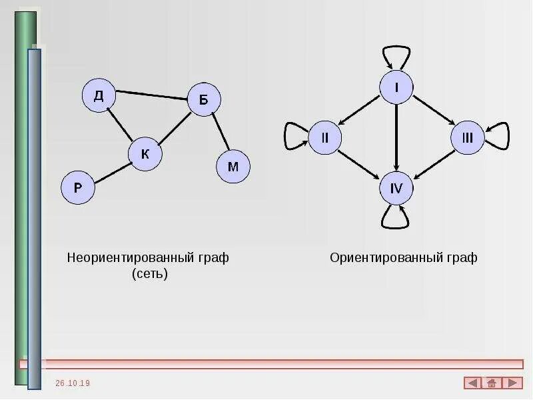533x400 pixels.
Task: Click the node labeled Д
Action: click(x=99, y=96)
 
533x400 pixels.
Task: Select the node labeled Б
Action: click(x=203, y=101)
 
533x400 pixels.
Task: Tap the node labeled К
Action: click(x=145, y=154)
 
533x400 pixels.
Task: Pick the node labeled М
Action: click(x=233, y=167)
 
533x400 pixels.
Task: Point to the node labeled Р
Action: click(x=78, y=187)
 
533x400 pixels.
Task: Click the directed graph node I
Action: click(x=396, y=87)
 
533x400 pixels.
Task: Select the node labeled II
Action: click(x=324, y=138)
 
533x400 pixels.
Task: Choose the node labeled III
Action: click(x=467, y=138)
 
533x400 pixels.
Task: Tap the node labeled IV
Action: click(x=396, y=189)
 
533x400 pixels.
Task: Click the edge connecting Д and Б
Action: click(x=151, y=95)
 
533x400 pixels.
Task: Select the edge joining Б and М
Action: click(x=220, y=132)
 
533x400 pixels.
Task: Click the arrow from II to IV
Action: click(x=360, y=163)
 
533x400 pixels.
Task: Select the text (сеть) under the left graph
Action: click(x=150, y=274)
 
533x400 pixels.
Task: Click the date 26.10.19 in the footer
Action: click(x=73, y=383)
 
